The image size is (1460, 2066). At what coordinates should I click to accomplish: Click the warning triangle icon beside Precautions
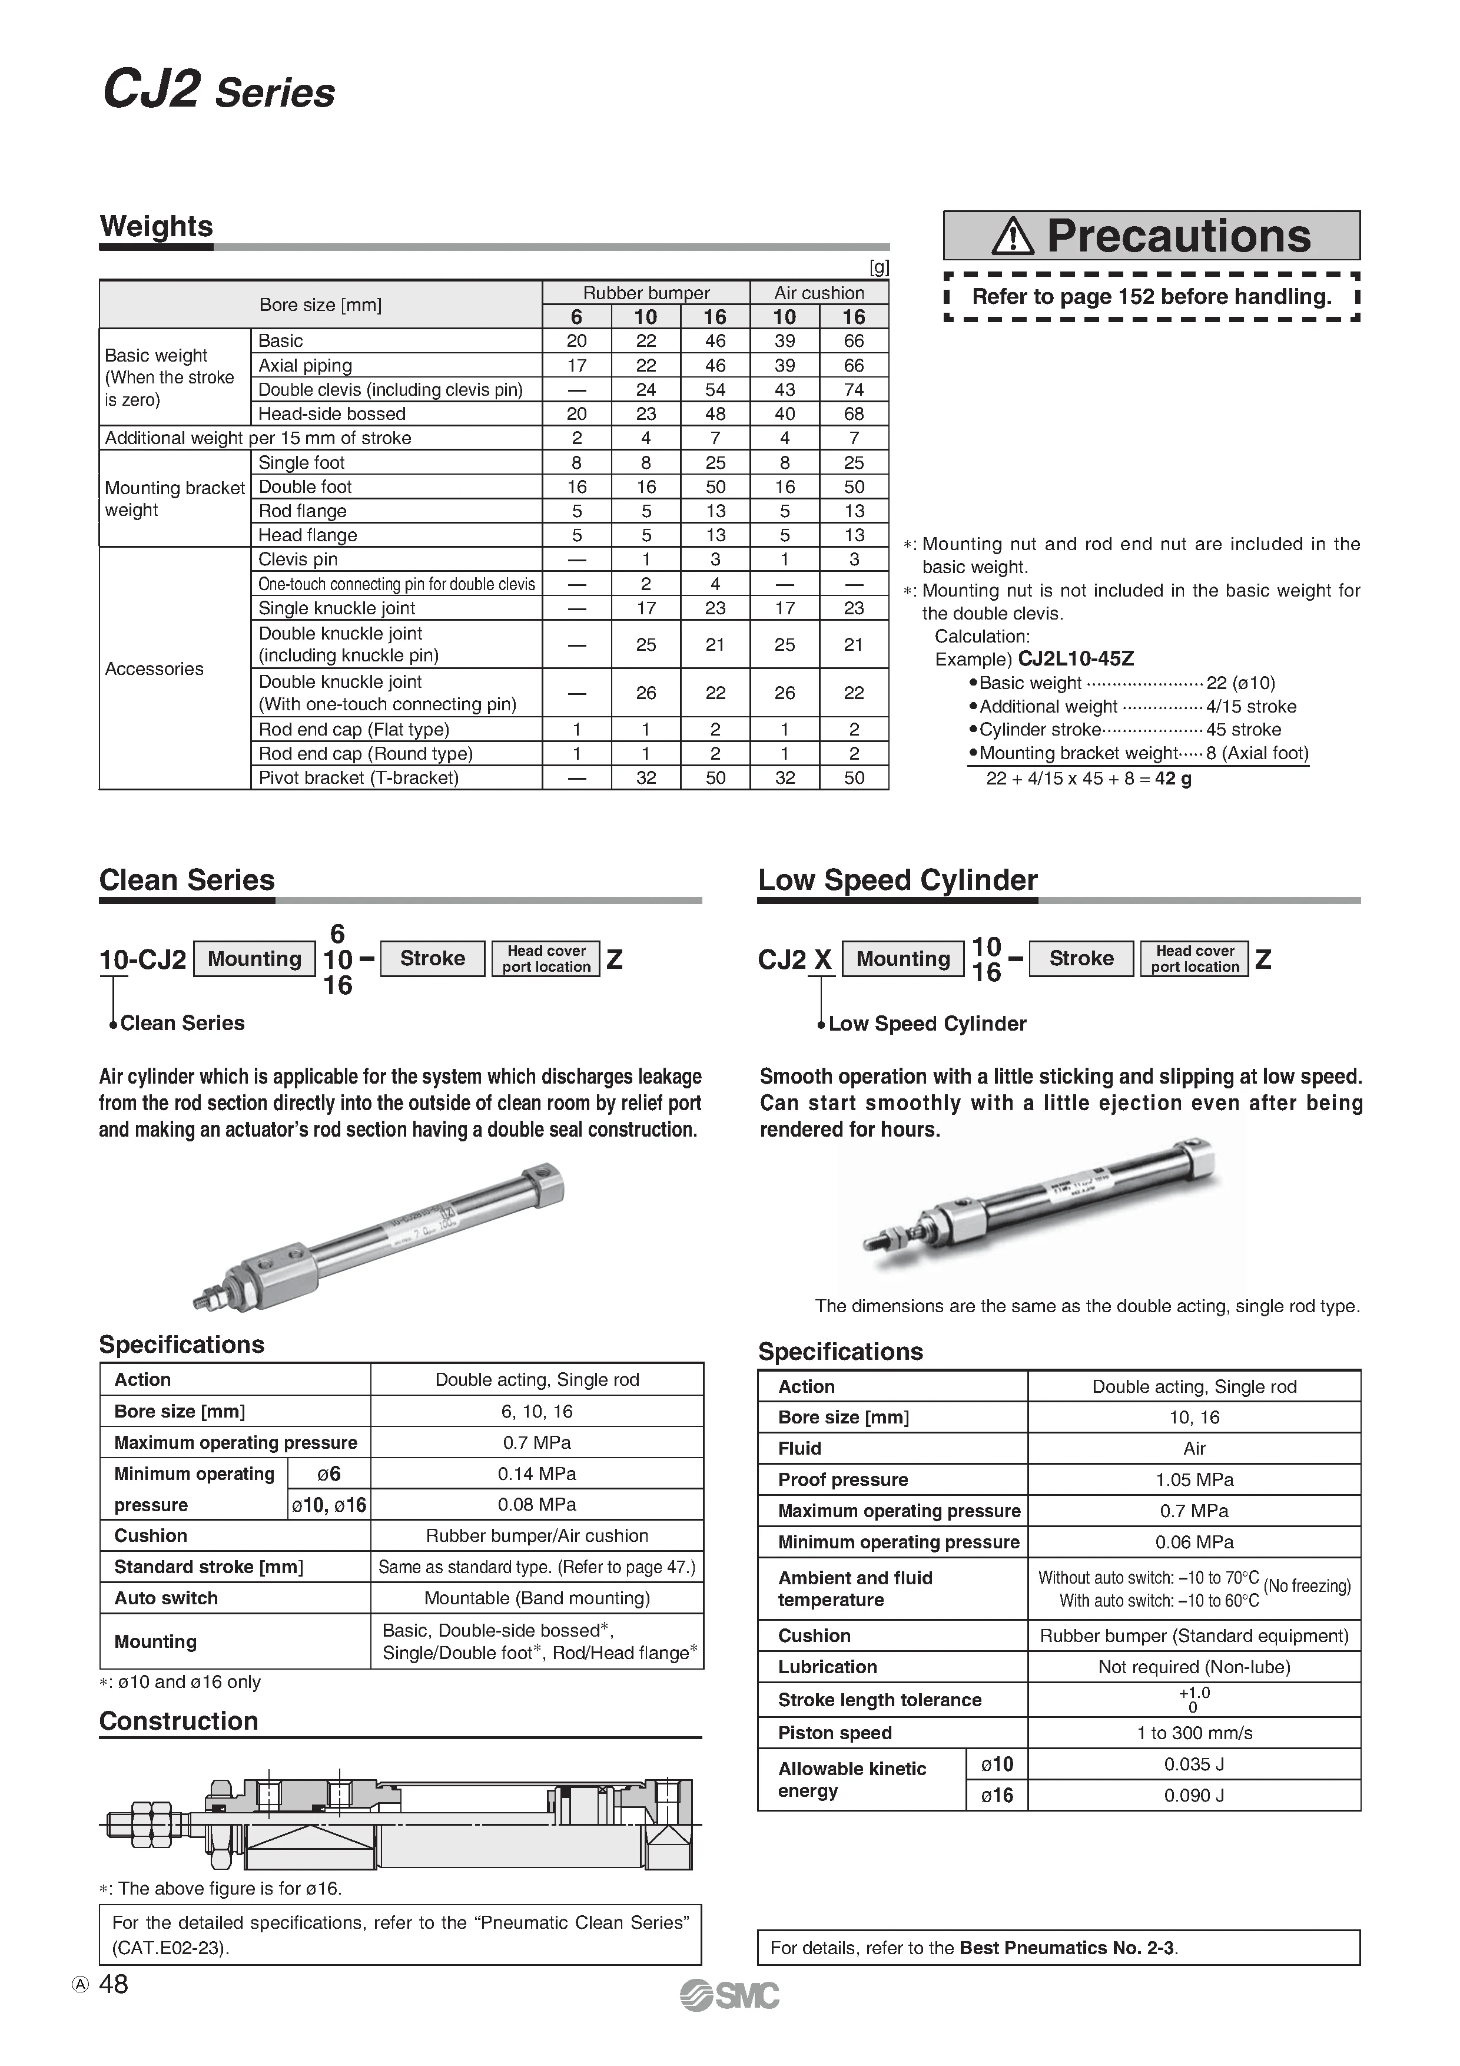click(x=1014, y=237)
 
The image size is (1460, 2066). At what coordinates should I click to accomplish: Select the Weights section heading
click(x=157, y=226)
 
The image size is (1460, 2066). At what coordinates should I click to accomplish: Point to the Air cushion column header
click(x=819, y=293)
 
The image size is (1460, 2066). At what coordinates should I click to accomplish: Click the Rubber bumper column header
click(x=646, y=293)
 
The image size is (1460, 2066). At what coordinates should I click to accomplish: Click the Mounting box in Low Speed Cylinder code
click(x=902, y=958)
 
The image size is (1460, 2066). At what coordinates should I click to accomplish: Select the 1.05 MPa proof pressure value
click(x=1194, y=1480)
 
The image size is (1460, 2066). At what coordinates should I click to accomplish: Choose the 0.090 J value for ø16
click(x=1194, y=1795)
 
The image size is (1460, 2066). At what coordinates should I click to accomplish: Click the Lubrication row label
click(x=827, y=1667)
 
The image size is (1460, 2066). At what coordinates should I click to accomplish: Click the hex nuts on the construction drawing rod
click(x=144, y=1824)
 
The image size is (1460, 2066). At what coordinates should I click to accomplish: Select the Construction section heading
click(x=178, y=1720)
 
